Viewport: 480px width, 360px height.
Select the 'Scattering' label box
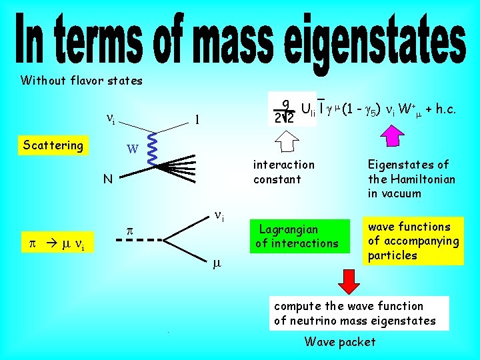coord(53,145)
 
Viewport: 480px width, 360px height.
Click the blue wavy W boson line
coord(151,151)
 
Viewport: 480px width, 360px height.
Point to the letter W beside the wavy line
coord(132,149)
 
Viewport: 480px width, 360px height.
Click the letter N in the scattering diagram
coord(107,179)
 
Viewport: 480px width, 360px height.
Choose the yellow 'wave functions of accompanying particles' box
coord(413,241)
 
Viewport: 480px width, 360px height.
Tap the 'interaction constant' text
coord(283,171)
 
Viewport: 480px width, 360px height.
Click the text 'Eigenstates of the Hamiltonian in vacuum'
coord(411,179)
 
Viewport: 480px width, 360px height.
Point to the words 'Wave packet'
coord(340,342)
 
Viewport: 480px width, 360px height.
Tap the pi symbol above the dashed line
coord(131,230)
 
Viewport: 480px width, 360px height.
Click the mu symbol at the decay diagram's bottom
coord(217,264)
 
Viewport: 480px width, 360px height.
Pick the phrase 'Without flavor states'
coord(81,81)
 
